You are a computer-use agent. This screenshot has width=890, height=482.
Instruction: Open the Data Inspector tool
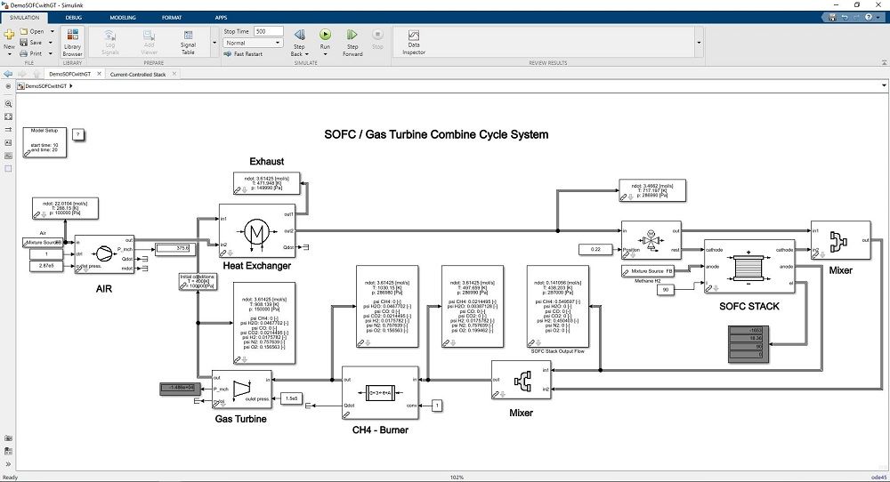click(x=414, y=40)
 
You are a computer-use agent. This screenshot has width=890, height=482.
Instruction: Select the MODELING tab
click(x=123, y=17)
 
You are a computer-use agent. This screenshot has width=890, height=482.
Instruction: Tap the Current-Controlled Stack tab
click(x=138, y=75)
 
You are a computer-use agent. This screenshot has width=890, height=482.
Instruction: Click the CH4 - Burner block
click(x=379, y=392)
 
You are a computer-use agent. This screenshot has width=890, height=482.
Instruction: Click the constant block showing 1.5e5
click(x=291, y=398)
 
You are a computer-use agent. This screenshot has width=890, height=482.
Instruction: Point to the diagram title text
click(x=435, y=134)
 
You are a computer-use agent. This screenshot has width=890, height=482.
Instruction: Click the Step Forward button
click(x=352, y=40)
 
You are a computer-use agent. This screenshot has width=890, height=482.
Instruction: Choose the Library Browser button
click(x=72, y=41)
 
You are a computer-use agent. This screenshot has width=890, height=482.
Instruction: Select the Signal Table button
click(x=188, y=40)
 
